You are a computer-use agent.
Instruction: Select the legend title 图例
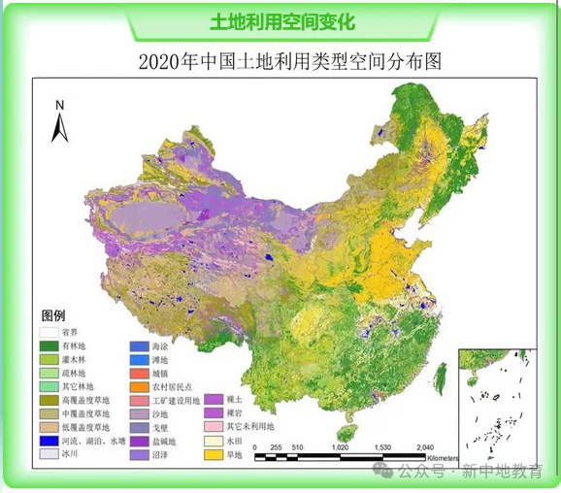coord(52,315)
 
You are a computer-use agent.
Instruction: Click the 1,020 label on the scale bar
coord(340,447)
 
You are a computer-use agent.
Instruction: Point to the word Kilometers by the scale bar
coord(442,456)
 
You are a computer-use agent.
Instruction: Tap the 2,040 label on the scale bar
coord(424,447)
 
